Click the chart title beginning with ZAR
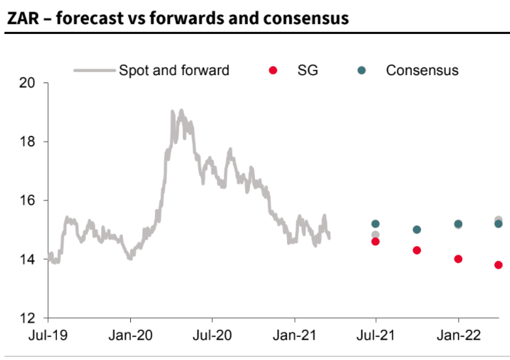pos(177,18)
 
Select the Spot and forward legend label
pos(174,70)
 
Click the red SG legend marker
pos(273,70)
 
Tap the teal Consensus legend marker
pos(362,70)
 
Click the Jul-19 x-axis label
pos(48,335)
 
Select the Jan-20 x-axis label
pos(130,335)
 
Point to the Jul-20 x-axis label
pos(212,335)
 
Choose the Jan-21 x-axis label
pos(294,335)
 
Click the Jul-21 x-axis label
pos(376,335)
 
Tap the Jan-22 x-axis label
pos(458,335)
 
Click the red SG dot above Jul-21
pos(375,242)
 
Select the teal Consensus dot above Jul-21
pos(375,224)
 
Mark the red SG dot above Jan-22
pos(458,259)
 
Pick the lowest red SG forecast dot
pos(498,265)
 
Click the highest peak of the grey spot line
pos(181,110)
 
